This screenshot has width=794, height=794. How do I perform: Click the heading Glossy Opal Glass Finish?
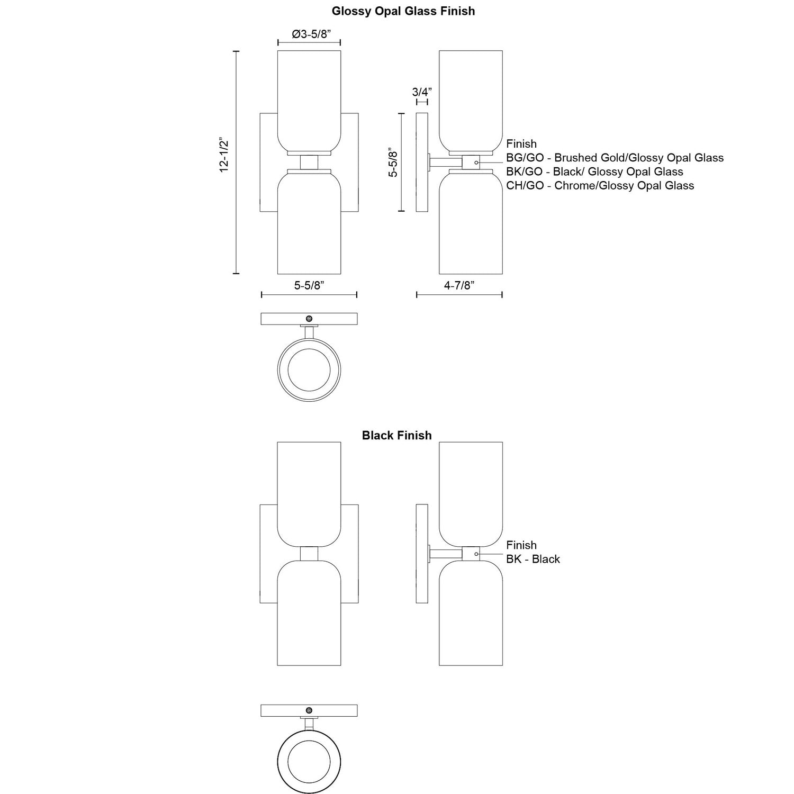click(x=403, y=11)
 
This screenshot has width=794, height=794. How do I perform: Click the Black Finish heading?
click(x=396, y=435)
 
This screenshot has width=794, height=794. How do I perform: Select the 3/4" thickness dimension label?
click(x=422, y=92)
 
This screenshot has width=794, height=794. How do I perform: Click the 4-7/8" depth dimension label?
click(x=459, y=285)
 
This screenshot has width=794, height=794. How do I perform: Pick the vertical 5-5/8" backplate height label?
click(x=393, y=161)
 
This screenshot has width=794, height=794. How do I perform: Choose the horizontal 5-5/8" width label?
click(x=309, y=285)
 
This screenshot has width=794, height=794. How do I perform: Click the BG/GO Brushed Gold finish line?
click(x=615, y=158)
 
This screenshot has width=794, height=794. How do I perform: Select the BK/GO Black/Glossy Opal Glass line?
click(x=594, y=172)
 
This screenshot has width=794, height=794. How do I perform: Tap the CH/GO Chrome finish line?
click(x=600, y=185)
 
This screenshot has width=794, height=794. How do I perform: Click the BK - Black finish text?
click(x=533, y=559)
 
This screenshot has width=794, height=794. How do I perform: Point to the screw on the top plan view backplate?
click(x=309, y=319)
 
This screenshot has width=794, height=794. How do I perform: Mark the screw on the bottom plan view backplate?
click(x=309, y=710)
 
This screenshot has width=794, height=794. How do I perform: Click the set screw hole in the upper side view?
click(x=476, y=162)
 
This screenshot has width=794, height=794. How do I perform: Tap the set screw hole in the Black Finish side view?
click(x=476, y=554)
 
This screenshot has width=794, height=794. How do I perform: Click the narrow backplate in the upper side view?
click(x=422, y=162)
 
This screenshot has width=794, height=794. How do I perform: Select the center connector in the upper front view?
click(x=309, y=162)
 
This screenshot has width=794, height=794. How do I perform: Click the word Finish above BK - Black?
click(x=521, y=545)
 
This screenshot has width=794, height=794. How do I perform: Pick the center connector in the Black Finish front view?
click(x=309, y=554)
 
